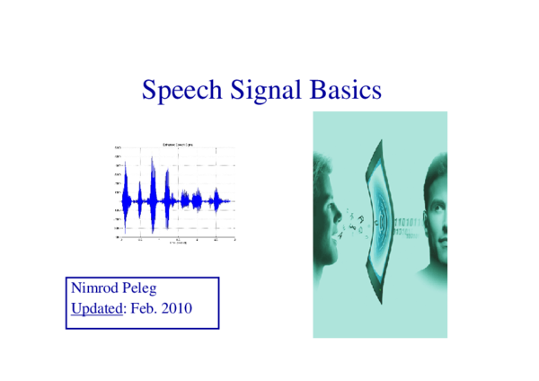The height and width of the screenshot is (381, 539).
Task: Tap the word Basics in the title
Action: coord(345,91)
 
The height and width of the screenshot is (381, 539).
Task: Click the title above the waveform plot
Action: coord(174,145)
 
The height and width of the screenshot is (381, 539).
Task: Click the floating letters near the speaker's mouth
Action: coord(356,222)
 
